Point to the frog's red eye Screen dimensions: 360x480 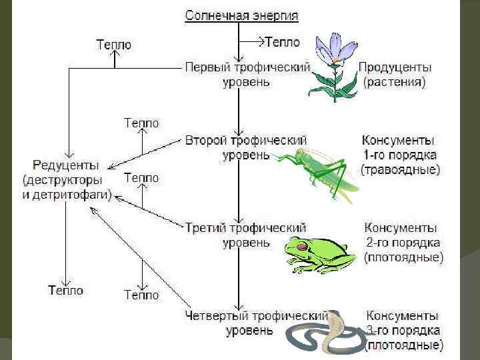pos(303,247)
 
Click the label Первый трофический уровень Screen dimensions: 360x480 pos(247,74)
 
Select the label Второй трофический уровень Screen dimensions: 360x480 pos(246,147)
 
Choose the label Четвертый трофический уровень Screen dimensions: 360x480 pos(257,322)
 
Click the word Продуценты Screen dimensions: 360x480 pos(395,67)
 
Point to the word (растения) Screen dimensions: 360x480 pos(395,82)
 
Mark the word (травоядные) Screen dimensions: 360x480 pos(401,170)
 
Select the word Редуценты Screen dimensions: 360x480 pos(66,165)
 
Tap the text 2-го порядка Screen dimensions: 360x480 pos(402,242)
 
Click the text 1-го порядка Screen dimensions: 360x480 pos(400,155)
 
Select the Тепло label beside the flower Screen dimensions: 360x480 pos(283,41)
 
